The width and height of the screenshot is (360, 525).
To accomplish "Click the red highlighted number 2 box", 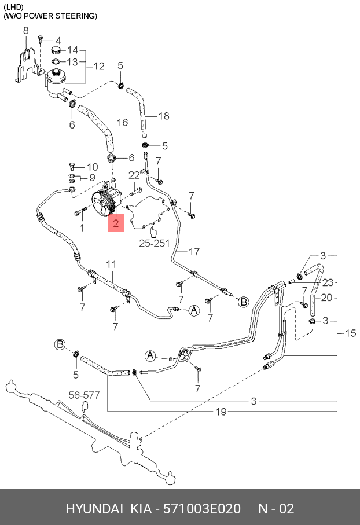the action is point(117,222).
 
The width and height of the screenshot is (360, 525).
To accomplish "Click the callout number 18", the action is point(164,116).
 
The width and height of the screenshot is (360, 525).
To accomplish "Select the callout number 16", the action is point(122,122).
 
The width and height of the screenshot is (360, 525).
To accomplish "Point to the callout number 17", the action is point(194,251).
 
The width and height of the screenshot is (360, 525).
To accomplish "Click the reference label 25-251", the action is point(154,243).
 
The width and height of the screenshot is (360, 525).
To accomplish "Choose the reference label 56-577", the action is point(85,395).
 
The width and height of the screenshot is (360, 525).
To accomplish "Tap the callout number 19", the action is point(221,412).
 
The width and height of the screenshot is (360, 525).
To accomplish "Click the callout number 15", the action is point(351,333).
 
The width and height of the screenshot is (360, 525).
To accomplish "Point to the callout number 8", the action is point(25,30).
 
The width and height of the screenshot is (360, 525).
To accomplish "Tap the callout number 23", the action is point(328,283).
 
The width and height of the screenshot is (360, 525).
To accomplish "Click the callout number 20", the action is point(327,298).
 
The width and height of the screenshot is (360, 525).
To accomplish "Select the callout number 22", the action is point(134,175).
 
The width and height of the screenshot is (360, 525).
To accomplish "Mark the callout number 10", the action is point(93,167).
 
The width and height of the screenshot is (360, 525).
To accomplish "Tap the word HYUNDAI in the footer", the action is point(94,509).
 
